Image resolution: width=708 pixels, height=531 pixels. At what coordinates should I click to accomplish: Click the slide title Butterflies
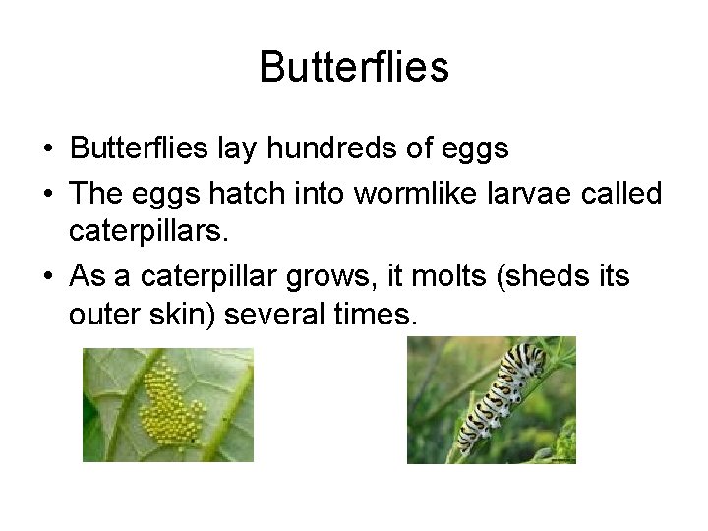[354, 68]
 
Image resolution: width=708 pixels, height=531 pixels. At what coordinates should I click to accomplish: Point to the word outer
[104, 315]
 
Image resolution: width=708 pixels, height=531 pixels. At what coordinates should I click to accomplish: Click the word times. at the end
[380, 315]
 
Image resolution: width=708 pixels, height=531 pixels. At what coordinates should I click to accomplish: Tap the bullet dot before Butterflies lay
[47, 149]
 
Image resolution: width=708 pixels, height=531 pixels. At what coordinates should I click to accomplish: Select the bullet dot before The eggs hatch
[47, 195]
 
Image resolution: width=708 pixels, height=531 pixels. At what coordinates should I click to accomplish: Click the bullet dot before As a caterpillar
[47, 277]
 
